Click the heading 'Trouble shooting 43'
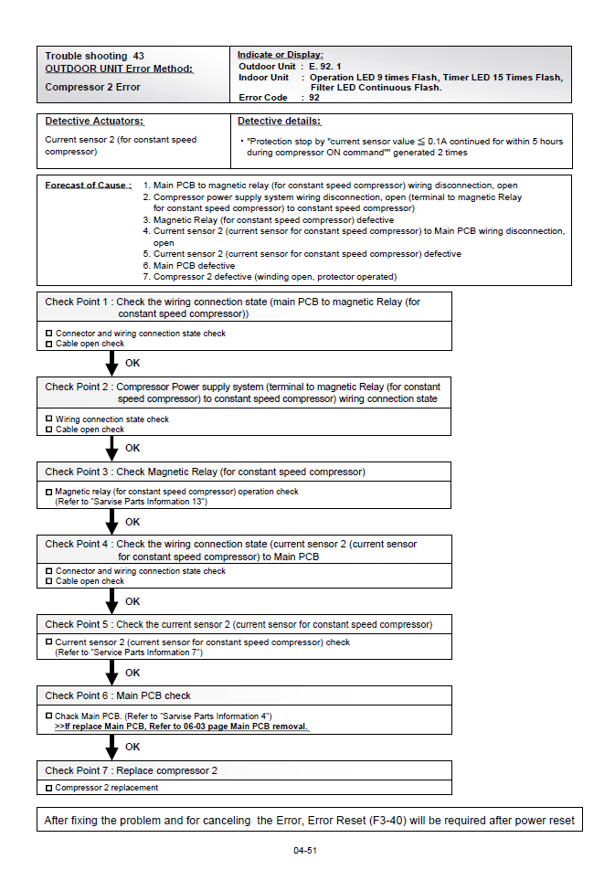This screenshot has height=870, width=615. click(x=95, y=57)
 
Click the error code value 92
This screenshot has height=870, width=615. click(x=314, y=97)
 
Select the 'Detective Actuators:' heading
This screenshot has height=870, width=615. click(x=95, y=122)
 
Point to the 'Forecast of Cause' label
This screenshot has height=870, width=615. click(x=88, y=186)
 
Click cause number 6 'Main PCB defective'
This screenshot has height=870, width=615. click(x=194, y=266)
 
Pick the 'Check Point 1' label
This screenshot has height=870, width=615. click(x=77, y=302)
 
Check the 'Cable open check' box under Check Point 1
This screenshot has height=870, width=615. click(x=49, y=344)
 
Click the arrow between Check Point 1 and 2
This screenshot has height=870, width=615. click(x=112, y=363)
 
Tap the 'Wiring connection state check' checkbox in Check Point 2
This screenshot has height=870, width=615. click(x=49, y=419)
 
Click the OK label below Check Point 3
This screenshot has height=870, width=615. click(x=133, y=522)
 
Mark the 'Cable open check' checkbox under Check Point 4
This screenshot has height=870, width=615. click(x=49, y=581)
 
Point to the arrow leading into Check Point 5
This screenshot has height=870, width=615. click(x=112, y=600)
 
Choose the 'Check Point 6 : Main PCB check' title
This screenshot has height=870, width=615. click(x=118, y=695)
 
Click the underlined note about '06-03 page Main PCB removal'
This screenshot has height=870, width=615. click(x=182, y=727)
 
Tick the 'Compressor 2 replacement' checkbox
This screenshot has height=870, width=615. click(x=49, y=788)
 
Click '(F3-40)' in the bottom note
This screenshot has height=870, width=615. click(x=387, y=821)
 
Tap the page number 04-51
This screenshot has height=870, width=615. click(x=305, y=851)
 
